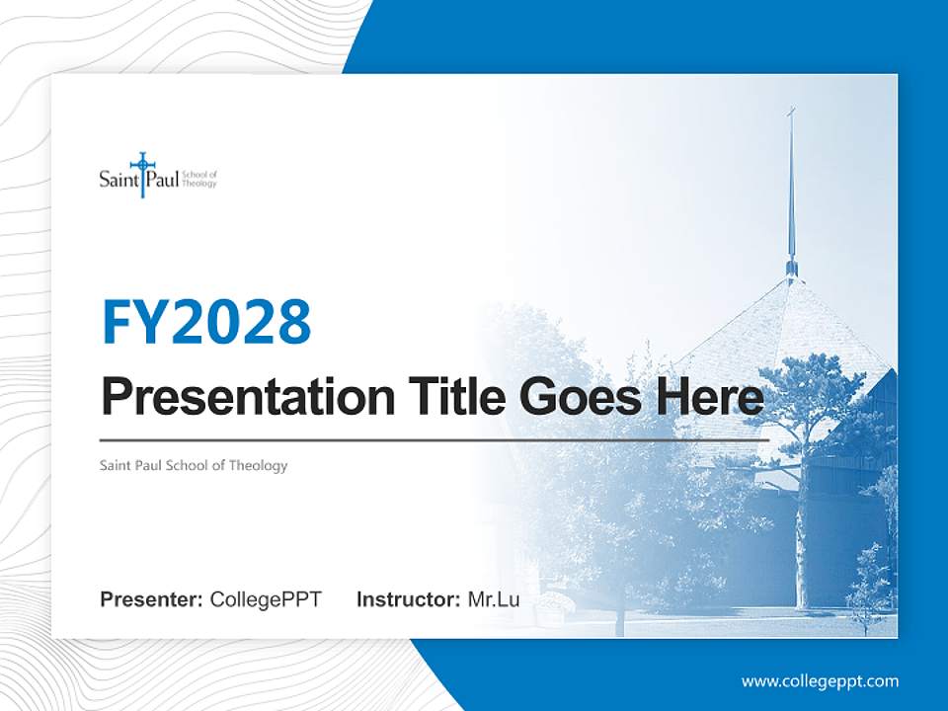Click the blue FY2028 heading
click(206, 322)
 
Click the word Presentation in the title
click(248, 397)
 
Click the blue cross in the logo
click(142, 174)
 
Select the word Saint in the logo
click(118, 180)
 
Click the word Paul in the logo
click(162, 180)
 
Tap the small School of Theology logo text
click(198, 179)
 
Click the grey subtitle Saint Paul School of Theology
click(194, 465)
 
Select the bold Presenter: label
click(151, 599)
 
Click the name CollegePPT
click(266, 599)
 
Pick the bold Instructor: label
click(409, 599)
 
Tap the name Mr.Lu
click(494, 599)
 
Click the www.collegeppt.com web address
click(820, 681)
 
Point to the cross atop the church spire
click(791, 113)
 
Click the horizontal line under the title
click(434, 440)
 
